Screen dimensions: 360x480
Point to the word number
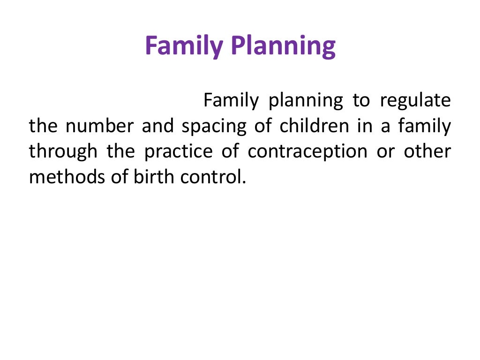click(99, 127)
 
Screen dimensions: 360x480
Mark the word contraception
click(307, 152)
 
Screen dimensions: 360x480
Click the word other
click(427, 152)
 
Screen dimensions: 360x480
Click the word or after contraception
click(386, 152)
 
